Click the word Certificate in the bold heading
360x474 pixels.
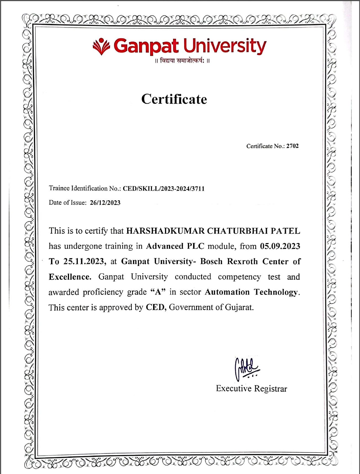pyautogui.click(x=174, y=99)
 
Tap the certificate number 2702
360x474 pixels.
pyautogui.click(x=292, y=146)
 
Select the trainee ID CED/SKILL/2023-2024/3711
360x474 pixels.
pyautogui.click(x=164, y=189)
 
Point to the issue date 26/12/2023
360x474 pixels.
pyautogui.click(x=105, y=203)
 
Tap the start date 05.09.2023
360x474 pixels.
pyautogui.click(x=280, y=246)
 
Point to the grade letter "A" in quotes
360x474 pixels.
pyautogui.click(x=158, y=292)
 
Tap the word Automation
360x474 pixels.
pyautogui.click(x=227, y=292)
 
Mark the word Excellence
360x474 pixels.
pyautogui.click(x=70, y=277)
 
